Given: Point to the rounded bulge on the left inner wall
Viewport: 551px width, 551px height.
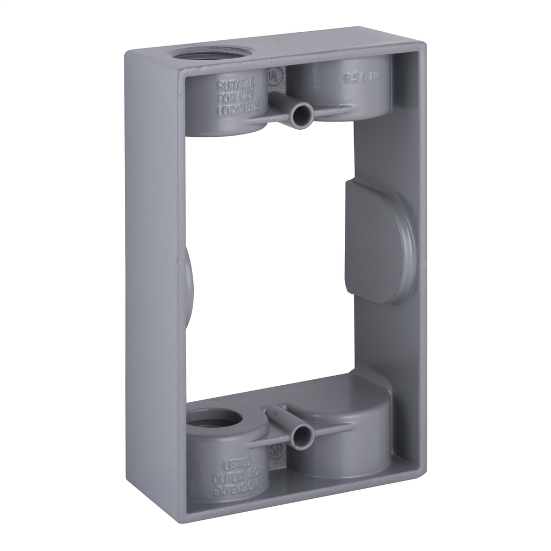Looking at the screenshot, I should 189,280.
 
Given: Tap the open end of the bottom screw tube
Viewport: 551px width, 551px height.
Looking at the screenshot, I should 302,435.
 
